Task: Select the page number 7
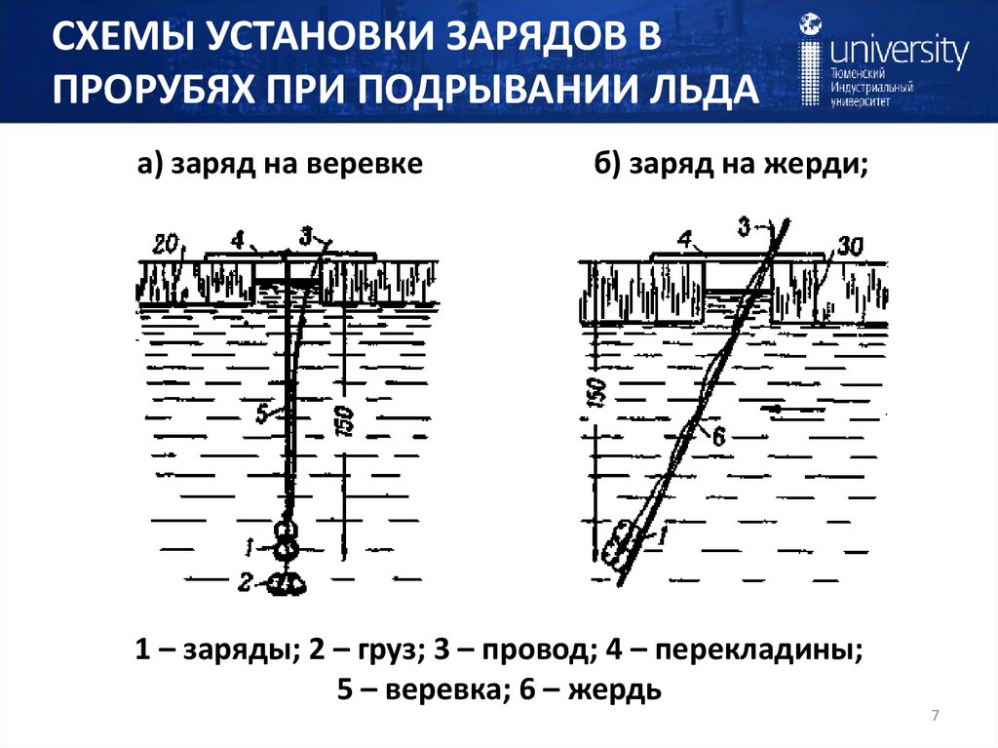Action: [935, 717]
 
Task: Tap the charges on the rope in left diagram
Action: [286, 540]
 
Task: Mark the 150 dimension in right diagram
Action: [597, 391]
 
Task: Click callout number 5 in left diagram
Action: [260, 413]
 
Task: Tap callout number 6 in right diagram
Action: [718, 436]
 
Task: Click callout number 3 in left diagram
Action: [305, 235]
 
